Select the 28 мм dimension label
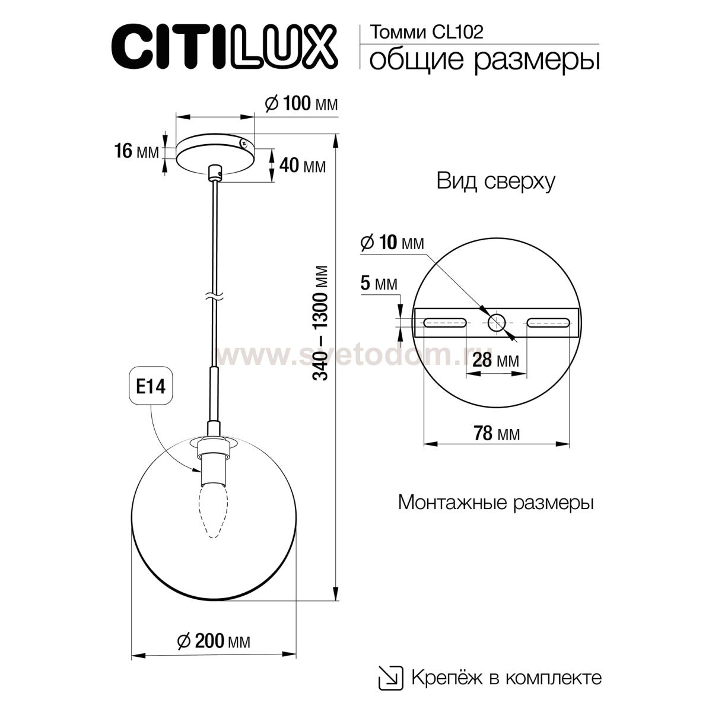[497, 360]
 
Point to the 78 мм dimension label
[497, 434]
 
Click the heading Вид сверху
[495, 181]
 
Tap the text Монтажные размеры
[495, 503]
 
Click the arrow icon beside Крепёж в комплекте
[388, 677]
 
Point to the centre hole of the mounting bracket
[497, 323]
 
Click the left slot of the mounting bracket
[444, 323]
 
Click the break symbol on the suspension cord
[214, 295]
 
